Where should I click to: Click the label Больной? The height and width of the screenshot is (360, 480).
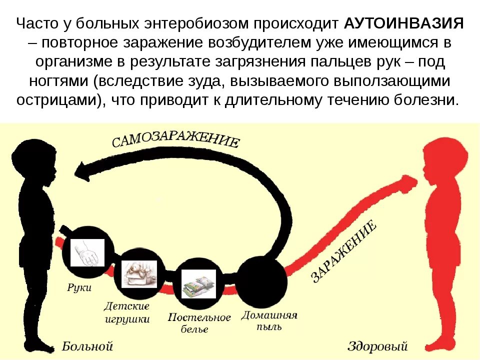(87, 346)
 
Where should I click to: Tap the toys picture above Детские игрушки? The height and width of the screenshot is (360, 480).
(138, 273)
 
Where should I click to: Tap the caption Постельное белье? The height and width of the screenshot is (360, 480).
(199, 323)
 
